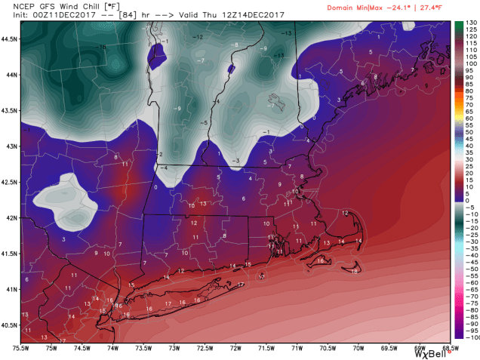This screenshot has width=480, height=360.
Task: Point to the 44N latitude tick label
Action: click(x=8, y=75)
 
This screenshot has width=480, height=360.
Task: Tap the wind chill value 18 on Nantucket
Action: click(x=355, y=271)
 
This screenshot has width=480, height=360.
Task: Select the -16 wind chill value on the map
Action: click(x=101, y=47)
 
